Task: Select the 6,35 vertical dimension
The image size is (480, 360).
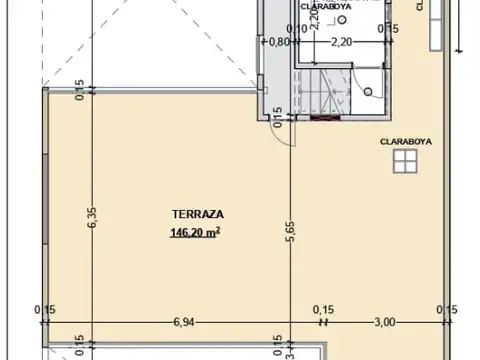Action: (x=91, y=217)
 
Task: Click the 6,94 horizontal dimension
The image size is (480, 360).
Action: (x=183, y=321)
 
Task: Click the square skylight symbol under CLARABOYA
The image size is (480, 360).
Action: (x=403, y=162)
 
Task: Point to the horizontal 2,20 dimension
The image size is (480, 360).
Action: (x=341, y=42)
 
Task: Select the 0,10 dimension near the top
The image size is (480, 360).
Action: (x=297, y=29)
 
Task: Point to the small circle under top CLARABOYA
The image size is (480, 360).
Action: (x=341, y=21)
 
